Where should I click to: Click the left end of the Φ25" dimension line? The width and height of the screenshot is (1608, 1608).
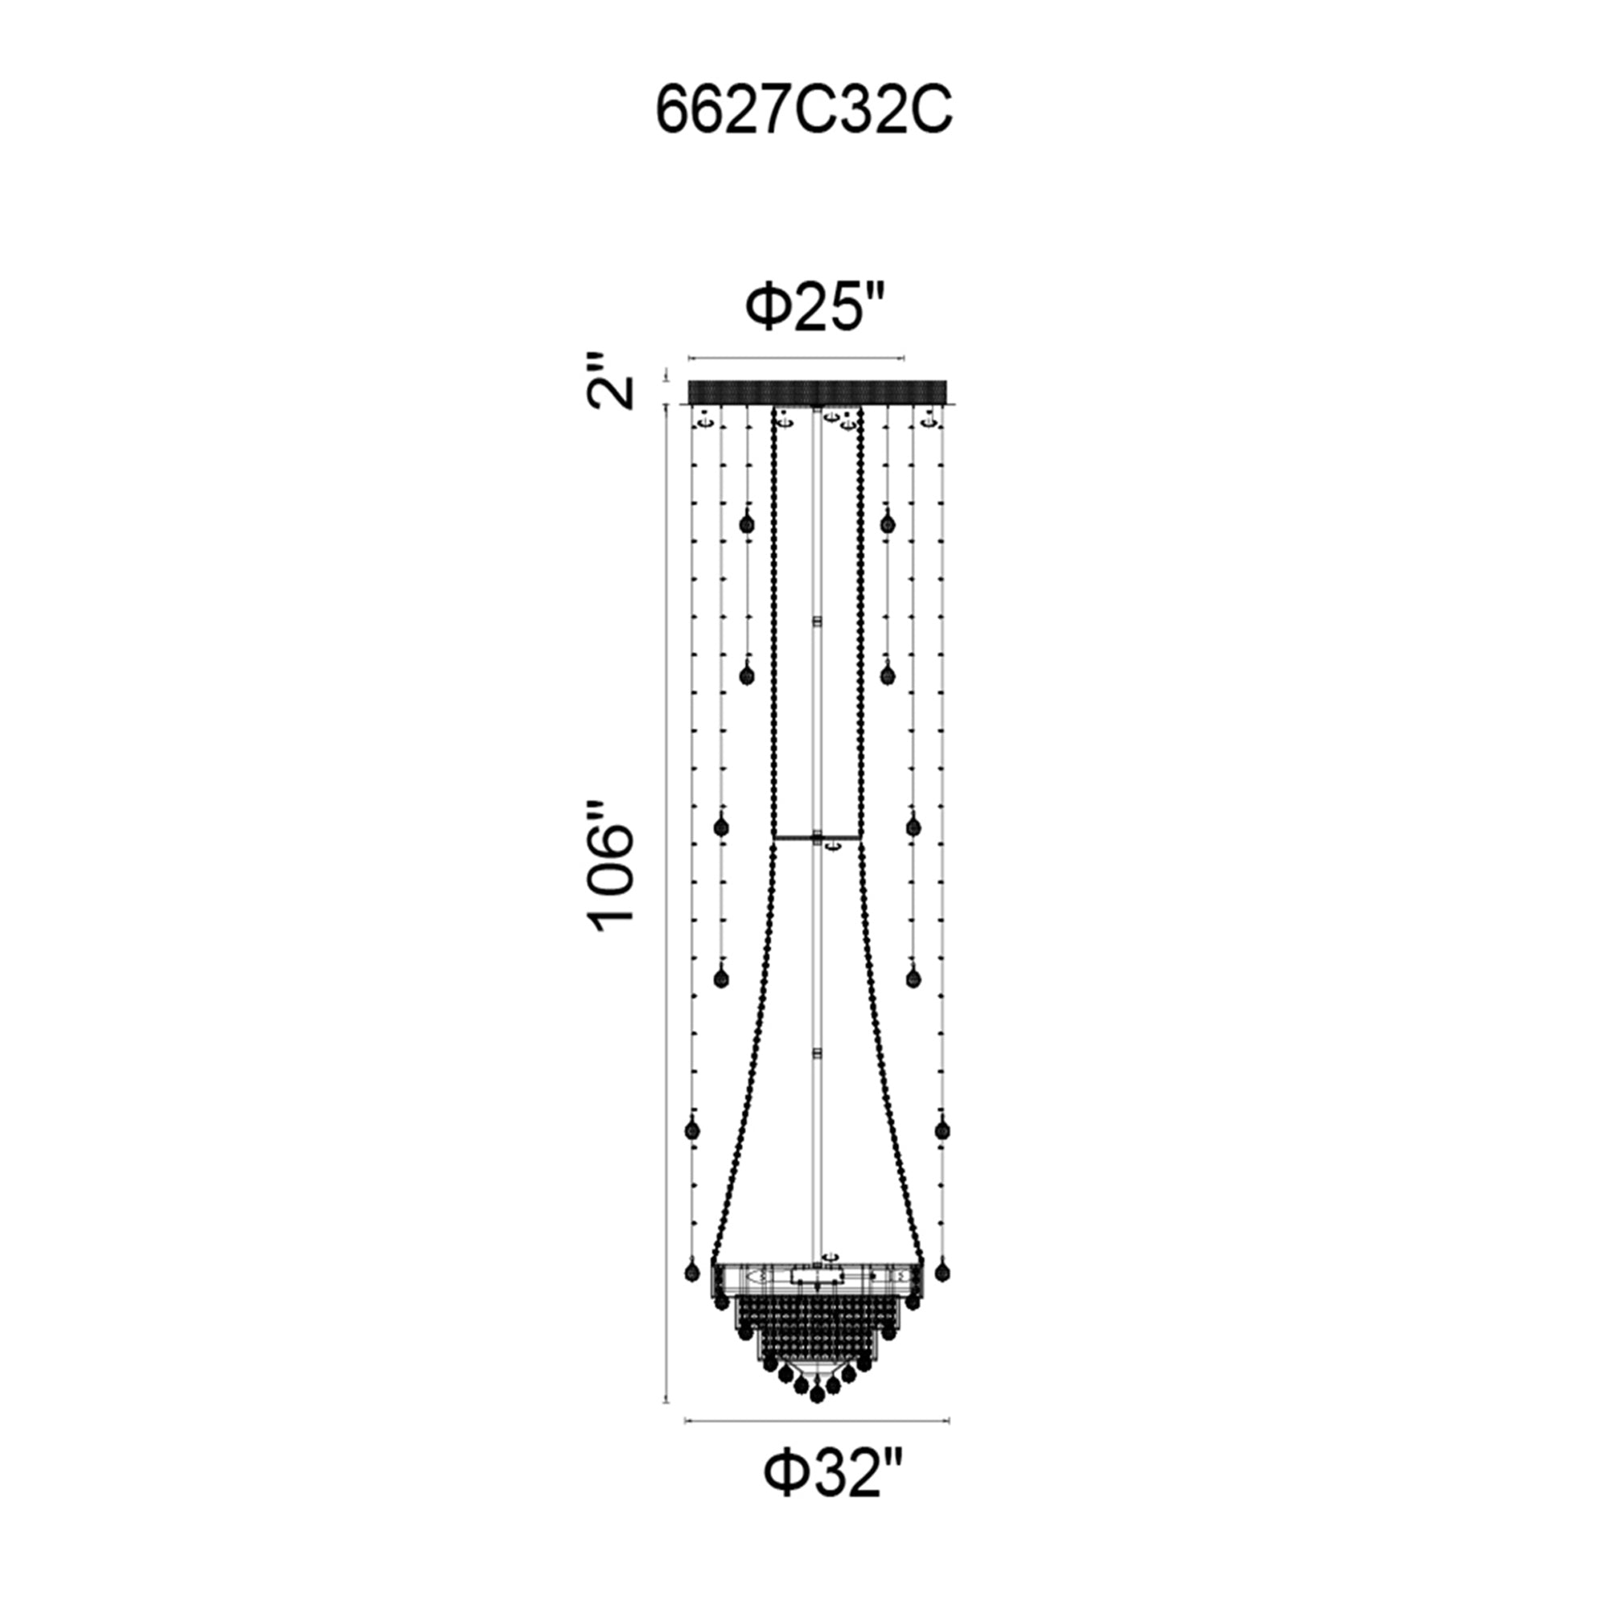tap(688, 359)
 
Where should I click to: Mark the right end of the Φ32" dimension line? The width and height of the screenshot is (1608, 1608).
tap(950, 1421)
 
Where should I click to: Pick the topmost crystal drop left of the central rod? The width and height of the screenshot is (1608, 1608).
tap(747, 523)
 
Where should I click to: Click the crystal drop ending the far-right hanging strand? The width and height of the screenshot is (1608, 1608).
tap(942, 1273)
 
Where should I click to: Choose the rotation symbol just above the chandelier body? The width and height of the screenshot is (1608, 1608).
tap(830, 1255)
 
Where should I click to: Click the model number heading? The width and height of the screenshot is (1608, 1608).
tap(804, 112)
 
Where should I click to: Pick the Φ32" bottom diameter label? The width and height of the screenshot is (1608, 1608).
tap(833, 1473)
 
